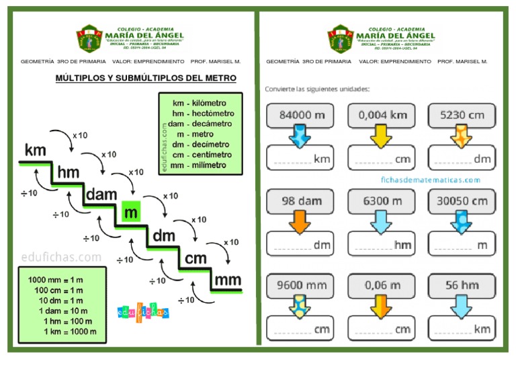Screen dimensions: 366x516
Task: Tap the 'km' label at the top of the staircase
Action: (x=36, y=151)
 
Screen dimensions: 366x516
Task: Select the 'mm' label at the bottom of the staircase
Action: (x=228, y=280)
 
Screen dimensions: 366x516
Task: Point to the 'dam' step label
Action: (x=101, y=194)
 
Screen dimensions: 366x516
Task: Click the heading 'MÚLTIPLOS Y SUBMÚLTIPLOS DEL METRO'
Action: (x=146, y=79)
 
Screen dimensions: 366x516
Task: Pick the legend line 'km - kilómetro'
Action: (x=199, y=103)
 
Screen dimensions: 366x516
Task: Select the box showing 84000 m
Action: (x=302, y=115)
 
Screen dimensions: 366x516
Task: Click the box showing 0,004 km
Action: (x=382, y=115)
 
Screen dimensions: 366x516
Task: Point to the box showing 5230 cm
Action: (x=462, y=115)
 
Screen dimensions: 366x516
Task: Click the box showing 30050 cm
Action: (x=462, y=200)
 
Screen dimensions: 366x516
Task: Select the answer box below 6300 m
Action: (x=382, y=244)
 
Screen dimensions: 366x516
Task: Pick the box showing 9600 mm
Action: (x=302, y=285)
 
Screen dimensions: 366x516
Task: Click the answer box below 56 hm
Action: (x=462, y=328)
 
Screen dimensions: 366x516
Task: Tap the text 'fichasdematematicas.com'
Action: (x=431, y=180)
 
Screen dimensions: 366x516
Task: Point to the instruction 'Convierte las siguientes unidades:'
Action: (x=317, y=89)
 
